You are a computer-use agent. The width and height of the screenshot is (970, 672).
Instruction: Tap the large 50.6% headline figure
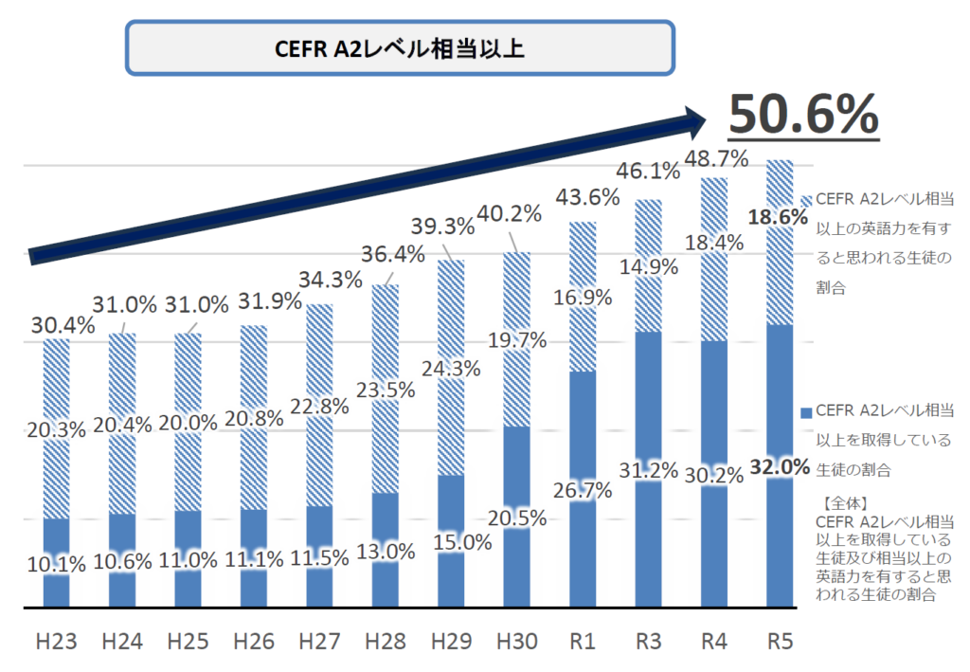point(803,115)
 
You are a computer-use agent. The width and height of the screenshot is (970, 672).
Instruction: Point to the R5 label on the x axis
point(779,642)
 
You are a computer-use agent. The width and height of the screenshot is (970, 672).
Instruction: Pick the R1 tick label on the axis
point(584,642)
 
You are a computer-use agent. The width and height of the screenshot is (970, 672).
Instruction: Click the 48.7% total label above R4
point(710,157)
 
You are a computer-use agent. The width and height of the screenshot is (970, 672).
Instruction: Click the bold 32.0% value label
point(780,466)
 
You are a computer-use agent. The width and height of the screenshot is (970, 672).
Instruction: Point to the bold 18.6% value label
point(778,217)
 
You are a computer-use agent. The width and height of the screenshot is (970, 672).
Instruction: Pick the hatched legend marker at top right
point(806,200)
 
